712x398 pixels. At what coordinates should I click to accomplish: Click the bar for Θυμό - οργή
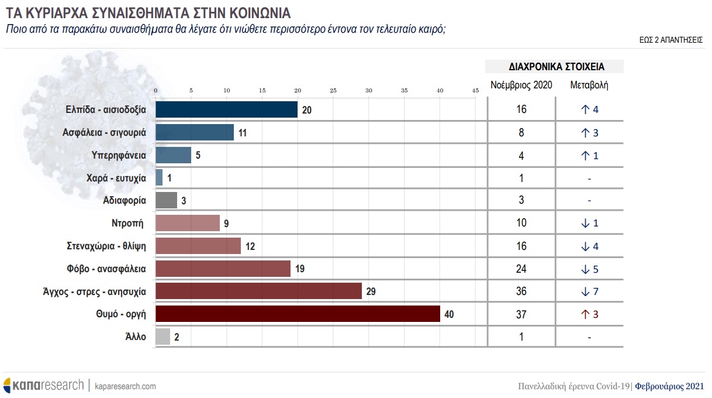click(298, 314)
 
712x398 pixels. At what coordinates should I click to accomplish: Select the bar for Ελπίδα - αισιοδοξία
click(226, 109)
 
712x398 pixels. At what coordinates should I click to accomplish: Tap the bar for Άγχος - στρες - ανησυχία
click(258, 291)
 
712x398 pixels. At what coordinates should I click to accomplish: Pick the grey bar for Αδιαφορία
click(166, 200)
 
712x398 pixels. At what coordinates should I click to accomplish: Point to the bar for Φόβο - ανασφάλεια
click(223, 269)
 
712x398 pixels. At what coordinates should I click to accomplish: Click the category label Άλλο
click(136, 337)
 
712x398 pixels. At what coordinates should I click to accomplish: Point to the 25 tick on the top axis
click(333, 90)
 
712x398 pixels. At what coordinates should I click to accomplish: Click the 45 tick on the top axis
click(475, 90)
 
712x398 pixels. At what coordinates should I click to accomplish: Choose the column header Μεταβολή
click(589, 85)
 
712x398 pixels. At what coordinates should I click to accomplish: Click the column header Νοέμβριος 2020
click(521, 85)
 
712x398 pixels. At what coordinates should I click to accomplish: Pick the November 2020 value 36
click(521, 291)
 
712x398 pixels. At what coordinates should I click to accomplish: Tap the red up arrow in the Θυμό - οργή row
click(583, 314)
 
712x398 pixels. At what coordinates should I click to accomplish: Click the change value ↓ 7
click(589, 291)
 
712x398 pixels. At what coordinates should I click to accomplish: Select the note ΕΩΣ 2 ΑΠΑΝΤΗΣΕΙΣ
click(671, 41)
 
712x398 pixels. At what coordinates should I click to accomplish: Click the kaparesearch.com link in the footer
click(125, 386)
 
